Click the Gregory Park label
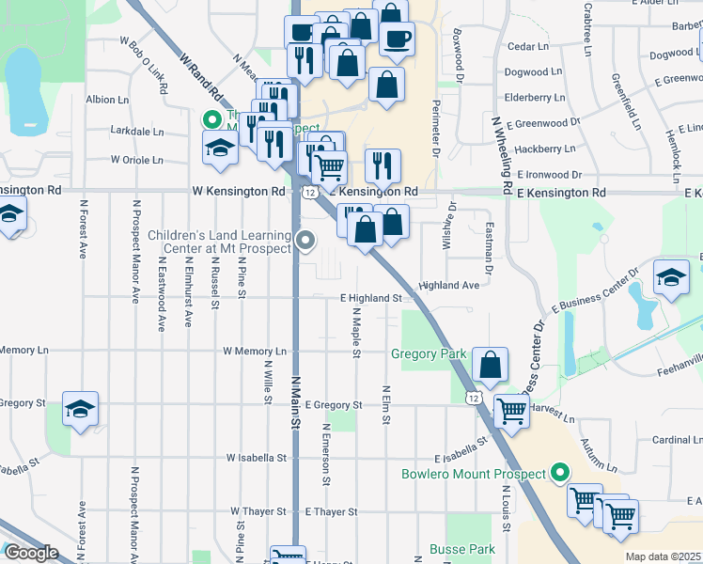click(429, 354)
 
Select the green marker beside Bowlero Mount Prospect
click(561, 473)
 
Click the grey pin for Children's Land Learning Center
click(305, 241)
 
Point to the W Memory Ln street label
click(253, 352)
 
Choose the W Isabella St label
click(257, 459)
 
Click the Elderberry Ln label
click(534, 97)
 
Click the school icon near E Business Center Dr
click(671, 278)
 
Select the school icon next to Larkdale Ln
click(220, 149)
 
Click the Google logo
click(31, 554)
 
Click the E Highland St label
click(371, 298)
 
